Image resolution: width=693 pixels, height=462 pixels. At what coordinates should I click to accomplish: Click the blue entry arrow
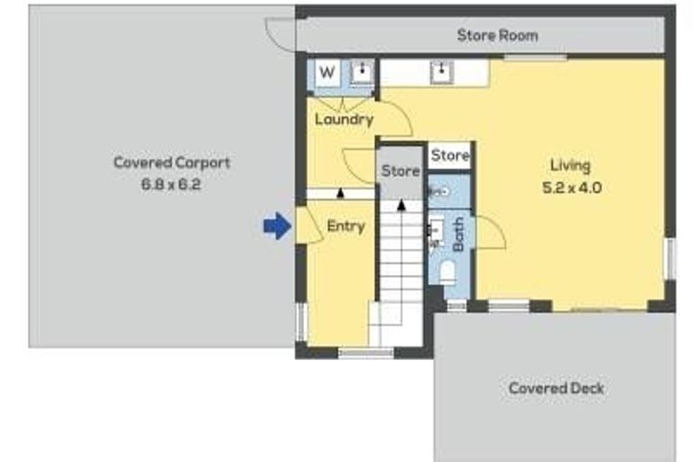pos(277,226)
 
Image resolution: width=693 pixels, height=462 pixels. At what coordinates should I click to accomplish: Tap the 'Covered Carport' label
pos(171,162)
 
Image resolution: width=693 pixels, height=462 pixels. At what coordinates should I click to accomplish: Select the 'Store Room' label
pos(497,35)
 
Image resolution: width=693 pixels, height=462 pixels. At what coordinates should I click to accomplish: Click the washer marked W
pos(328,72)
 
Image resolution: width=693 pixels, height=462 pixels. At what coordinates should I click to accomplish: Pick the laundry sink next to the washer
pos(362,72)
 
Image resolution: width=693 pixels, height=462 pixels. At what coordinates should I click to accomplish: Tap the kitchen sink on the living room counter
pos(441,71)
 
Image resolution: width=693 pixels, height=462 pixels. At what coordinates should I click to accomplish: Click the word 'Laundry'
pos(344,119)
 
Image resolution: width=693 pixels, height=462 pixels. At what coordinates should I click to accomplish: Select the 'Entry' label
pos(345,226)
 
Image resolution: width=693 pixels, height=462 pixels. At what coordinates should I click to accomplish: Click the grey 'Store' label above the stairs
pos(400,171)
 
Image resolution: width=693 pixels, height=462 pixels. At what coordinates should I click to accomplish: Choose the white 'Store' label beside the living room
pos(449,155)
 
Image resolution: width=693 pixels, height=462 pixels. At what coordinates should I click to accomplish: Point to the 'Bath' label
pos(458,235)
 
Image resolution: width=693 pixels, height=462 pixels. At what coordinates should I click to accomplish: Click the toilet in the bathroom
pos(447,272)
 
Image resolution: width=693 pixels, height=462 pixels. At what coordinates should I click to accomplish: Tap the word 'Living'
pos(570,165)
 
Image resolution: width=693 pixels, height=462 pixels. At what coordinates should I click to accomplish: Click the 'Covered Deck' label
pos(556,388)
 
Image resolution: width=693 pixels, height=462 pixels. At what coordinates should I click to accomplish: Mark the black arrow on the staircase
pos(401,205)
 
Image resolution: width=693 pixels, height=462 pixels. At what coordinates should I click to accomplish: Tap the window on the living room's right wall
pos(669,258)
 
